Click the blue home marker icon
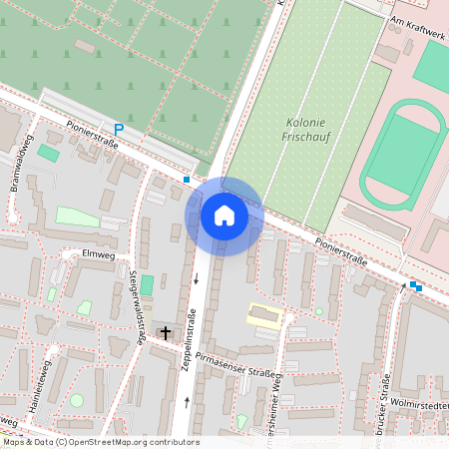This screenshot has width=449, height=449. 224,215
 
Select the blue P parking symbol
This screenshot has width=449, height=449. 119,129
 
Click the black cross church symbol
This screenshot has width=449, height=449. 165,332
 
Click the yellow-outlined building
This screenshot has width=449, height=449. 264,315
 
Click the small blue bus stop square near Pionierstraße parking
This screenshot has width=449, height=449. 187,180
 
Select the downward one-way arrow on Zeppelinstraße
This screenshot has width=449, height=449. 197,278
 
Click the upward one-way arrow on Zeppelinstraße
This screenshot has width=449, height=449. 188,401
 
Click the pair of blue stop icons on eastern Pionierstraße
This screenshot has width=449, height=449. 415,286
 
